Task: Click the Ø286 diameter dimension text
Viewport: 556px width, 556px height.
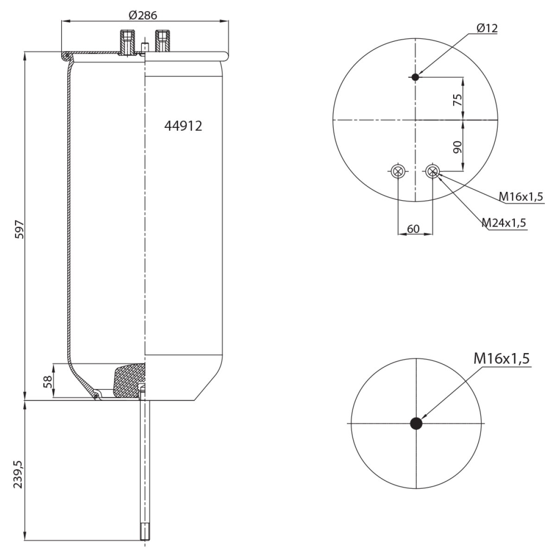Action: coord(143,15)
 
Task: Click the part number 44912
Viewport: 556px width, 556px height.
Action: coord(183,126)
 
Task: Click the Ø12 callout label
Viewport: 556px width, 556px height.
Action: coord(486,28)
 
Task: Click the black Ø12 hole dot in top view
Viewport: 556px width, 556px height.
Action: coord(416,77)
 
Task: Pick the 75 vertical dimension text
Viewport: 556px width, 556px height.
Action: coord(458,100)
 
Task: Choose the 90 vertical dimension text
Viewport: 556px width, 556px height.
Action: coord(458,147)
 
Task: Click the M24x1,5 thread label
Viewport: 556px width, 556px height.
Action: coord(504,223)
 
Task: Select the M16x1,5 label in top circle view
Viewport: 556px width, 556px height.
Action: coord(520,197)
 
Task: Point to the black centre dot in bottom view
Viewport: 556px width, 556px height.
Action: coord(416,423)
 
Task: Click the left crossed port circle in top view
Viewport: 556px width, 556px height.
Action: coord(398,171)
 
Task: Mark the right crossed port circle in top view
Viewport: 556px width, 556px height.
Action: coord(432,171)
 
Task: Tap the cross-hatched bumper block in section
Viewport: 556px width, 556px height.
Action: coord(129,380)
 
